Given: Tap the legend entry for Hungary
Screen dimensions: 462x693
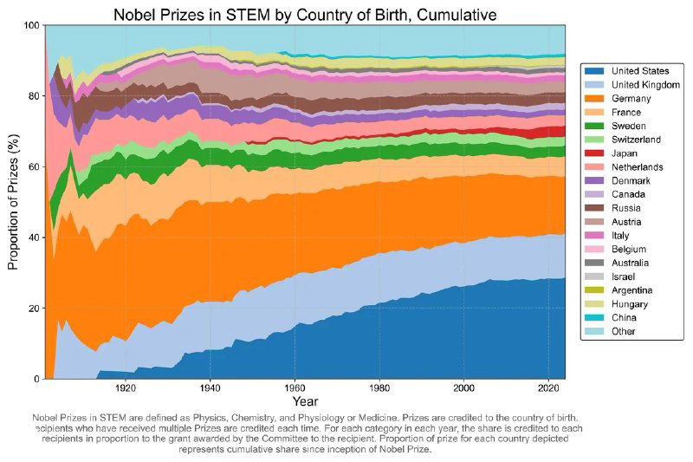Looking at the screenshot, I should (629, 303).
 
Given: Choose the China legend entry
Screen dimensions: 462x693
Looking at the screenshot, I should (624, 317).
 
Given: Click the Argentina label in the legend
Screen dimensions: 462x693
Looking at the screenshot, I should (632, 290).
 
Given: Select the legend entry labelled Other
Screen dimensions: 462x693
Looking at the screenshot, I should (624, 331).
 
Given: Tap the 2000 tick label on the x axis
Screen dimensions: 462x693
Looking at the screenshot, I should (465, 388).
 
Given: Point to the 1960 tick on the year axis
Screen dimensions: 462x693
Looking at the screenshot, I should (295, 388).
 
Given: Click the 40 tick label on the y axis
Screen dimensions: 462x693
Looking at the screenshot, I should (34, 238).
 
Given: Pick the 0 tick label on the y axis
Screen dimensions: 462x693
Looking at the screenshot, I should (36, 379).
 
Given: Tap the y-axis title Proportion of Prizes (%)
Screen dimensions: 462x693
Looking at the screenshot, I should (13, 202).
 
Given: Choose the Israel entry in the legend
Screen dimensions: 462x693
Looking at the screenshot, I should (624, 277).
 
